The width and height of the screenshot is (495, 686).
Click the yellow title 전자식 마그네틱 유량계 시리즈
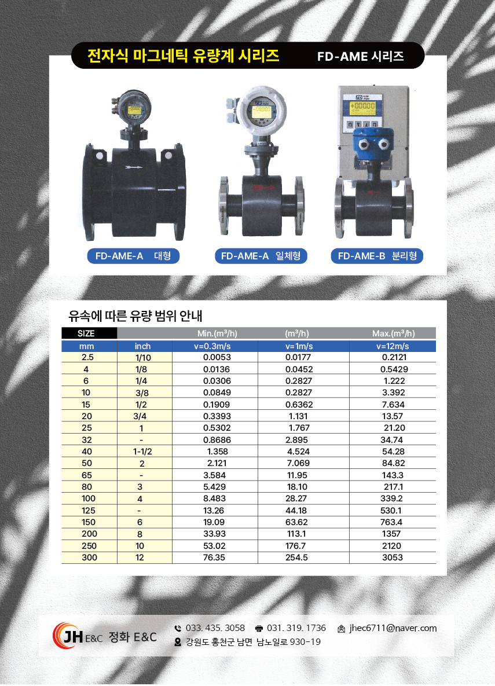coord(183,56)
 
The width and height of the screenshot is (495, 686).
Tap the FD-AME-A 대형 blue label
coord(133,256)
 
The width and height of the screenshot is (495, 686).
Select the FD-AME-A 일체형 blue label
coord(261,256)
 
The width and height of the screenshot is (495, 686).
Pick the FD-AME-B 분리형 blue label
coord(377,256)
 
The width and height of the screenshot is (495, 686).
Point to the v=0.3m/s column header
coord(212,346)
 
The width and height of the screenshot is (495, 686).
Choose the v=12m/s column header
coord(393,346)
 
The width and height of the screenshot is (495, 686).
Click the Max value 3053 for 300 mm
coord(392,557)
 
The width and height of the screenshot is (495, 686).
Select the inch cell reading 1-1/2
coord(142,452)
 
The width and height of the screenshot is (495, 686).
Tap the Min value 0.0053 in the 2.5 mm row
coord(217,357)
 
